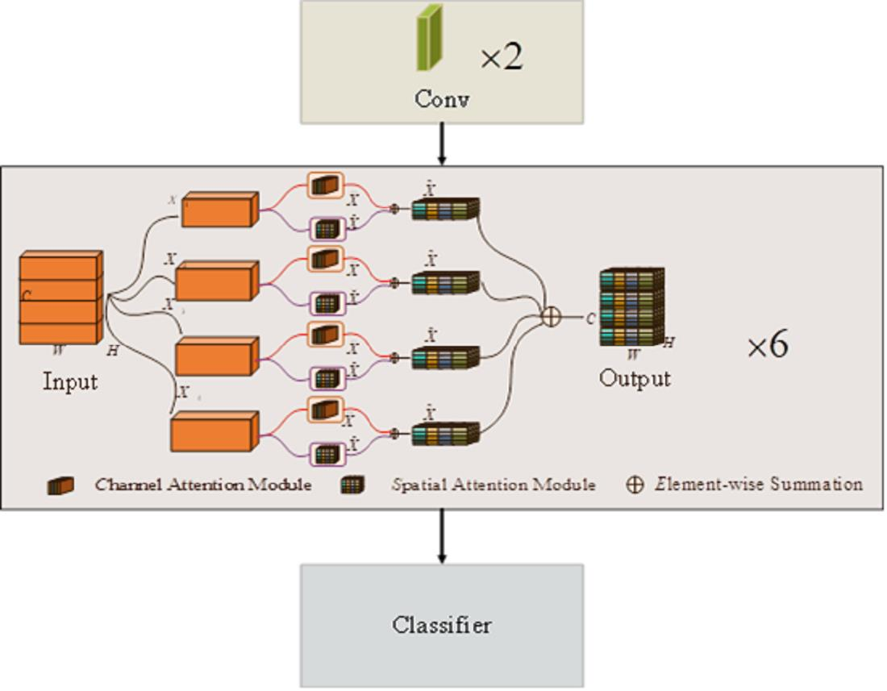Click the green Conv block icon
431,38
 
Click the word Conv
441,99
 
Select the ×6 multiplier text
767,347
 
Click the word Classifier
441,625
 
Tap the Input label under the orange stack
70,381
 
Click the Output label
635,378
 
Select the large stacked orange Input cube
61,297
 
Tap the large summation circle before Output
551,317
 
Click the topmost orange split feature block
219,209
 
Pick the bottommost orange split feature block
214,431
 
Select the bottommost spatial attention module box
327,454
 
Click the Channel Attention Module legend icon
60,485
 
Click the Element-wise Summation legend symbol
635,485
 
